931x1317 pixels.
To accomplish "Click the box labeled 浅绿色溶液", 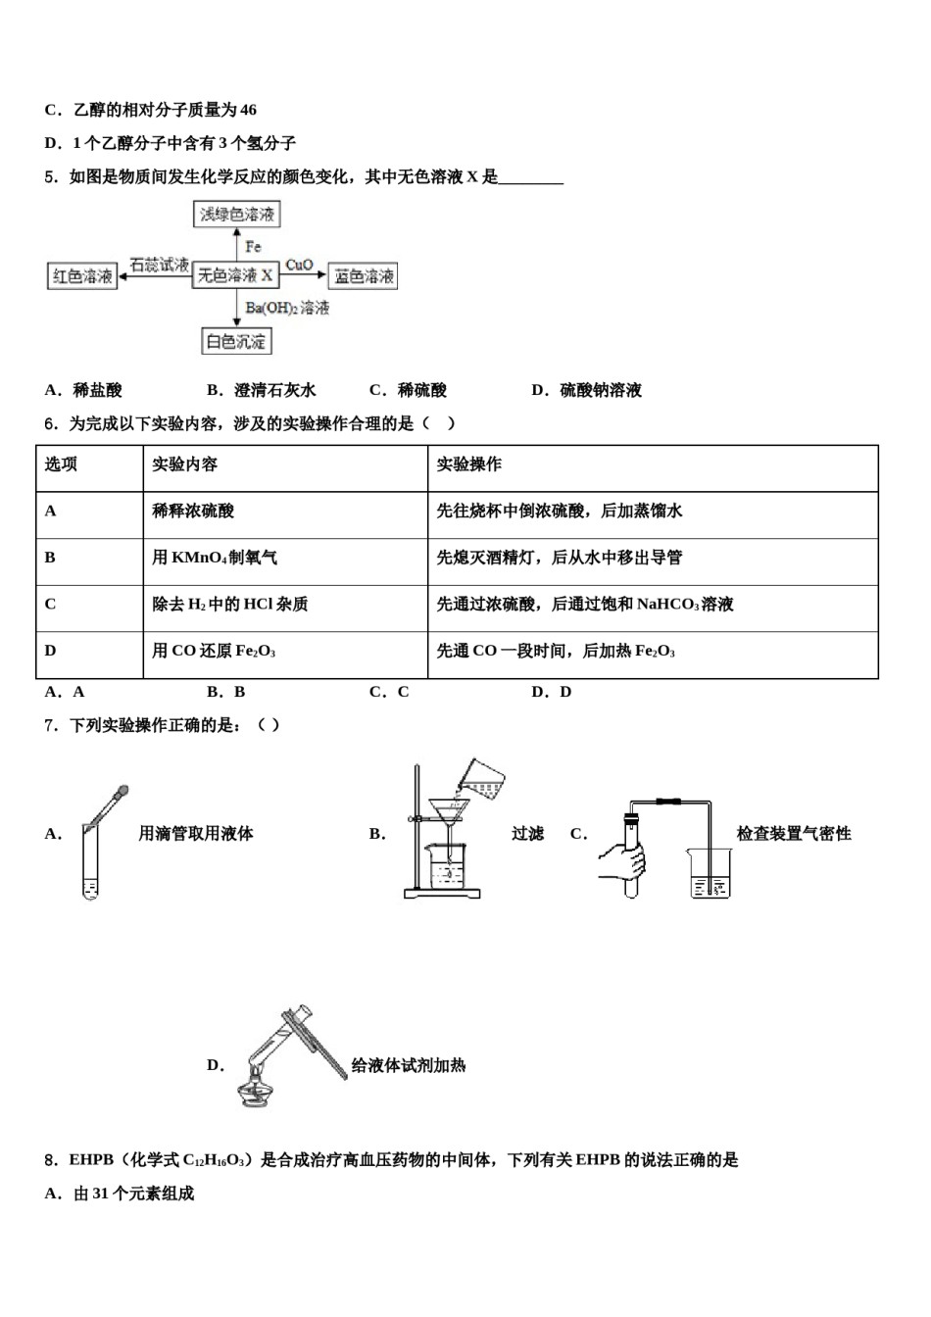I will click(237, 215).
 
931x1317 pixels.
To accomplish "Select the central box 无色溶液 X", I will click(235, 275).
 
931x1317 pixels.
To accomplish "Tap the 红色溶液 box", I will click(82, 276).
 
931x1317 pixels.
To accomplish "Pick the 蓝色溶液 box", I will click(364, 276).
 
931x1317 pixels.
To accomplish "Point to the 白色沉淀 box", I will click(235, 341).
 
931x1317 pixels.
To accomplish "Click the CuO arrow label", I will click(299, 265).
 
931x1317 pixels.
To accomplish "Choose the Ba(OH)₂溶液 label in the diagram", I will click(287, 308).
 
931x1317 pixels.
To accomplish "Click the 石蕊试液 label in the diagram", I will click(159, 265).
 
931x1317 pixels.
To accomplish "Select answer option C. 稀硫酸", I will click(408, 390).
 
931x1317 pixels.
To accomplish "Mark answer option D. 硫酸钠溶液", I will click(586, 390).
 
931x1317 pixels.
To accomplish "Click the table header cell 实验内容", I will click(185, 464).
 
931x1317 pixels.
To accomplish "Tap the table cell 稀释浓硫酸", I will click(193, 511).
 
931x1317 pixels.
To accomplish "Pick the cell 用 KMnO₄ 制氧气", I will click(215, 558).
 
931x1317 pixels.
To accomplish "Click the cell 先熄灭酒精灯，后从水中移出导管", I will click(559, 558).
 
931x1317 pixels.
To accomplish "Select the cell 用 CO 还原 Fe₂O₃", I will click(214, 651).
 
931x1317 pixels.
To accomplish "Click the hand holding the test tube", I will click(624, 859).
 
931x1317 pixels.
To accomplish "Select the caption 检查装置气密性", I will click(794, 834).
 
